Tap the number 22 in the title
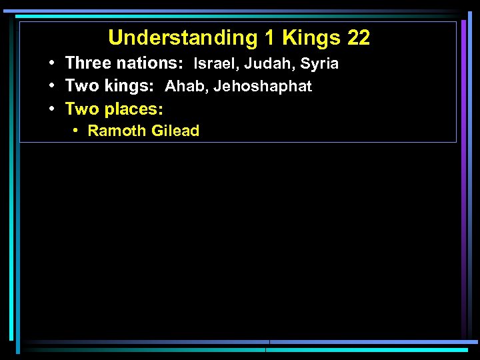pyautogui.click(x=359, y=38)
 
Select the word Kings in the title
pyautogui.click(x=311, y=38)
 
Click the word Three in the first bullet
pyautogui.click(x=87, y=64)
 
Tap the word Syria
pyautogui.click(x=319, y=64)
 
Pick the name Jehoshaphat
pyautogui.click(x=263, y=86)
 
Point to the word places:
pyautogui.click(x=134, y=108)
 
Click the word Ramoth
pyautogui.click(x=117, y=131)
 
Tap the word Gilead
pyautogui.click(x=175, y=131)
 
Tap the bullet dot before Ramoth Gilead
pyautogui.click(x=77, y=131)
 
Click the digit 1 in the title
pyautogui.click(x=268, y=38)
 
